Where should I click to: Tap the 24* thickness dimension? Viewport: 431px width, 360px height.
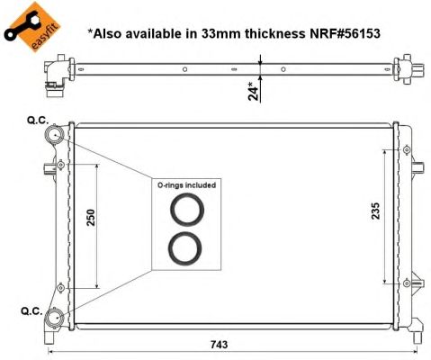click(256, 89)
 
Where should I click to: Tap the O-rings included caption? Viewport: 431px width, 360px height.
click(187, 185)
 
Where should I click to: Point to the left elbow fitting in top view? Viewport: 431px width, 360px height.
click(53, 74)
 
